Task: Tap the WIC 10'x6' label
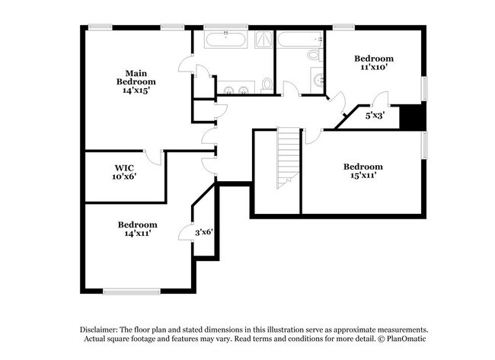point(125,172)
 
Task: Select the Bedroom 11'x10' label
point(373,62)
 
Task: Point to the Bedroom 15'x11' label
point(362,171)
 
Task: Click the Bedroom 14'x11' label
point(137,229)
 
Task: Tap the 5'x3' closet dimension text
point(375,116)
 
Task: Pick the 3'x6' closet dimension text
point(203,232)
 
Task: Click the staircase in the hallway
point(288,156)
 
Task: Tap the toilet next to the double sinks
point(267,84)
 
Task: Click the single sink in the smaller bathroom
point(318,78)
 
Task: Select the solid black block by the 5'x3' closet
point(411,117)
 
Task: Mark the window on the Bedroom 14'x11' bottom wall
point(131,290)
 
